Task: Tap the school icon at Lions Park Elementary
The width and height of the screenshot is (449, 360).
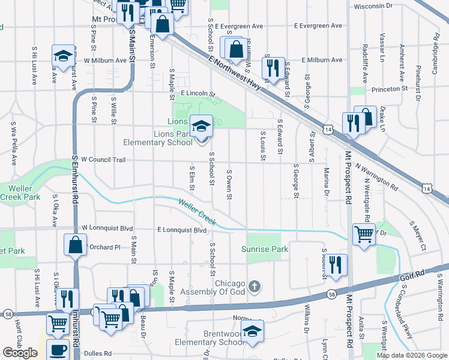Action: tap(202, 125)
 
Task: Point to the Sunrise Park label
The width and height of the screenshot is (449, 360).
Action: tap(265, 249)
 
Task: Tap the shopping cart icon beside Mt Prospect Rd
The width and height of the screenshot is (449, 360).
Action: tap(364, 235)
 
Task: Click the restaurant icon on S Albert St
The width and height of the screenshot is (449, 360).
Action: tap(336, 265)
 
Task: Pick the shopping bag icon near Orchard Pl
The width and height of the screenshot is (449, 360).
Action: tap(75, 245)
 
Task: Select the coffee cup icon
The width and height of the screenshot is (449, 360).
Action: tap(58, 350)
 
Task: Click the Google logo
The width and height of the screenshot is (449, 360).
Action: tap(20, 353)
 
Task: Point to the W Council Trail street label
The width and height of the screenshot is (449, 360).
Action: tap(103, 160)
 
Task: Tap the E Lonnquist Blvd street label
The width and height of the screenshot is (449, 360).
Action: tap(182, 230)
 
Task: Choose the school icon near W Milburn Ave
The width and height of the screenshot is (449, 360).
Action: tap(62, 56)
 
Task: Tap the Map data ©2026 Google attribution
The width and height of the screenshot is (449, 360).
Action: tap(412, 355)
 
